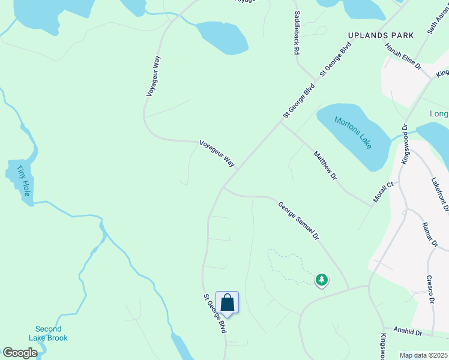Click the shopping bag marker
point(227,302)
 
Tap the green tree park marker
point(322,280)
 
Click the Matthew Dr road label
point(325,166)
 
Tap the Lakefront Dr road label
point(439,194)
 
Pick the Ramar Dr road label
point(430,234)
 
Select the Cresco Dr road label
point(430,289)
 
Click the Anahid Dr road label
point(408,331)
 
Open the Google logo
point(20,353)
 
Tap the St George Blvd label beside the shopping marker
point(214,313)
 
